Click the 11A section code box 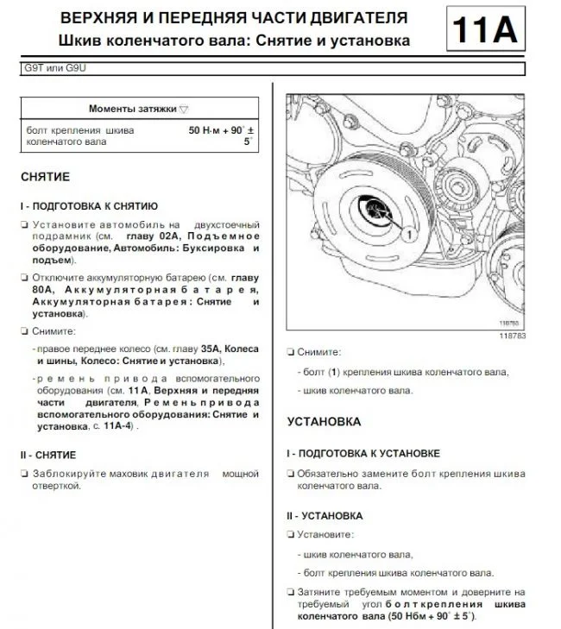485,32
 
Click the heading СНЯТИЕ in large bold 45,177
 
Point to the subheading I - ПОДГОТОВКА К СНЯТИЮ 88,206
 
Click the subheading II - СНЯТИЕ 48,455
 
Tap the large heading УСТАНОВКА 324,422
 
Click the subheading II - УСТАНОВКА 324,516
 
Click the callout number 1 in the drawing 407,232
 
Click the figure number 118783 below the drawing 514,335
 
